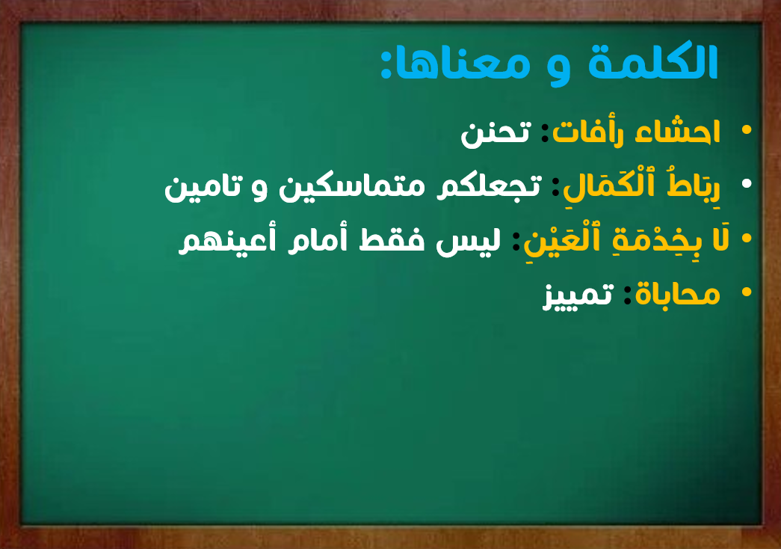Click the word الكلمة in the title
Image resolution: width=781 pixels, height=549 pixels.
[652, 62]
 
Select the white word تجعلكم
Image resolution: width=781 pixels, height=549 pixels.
[489, 186]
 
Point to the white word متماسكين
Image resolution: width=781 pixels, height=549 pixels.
[352, 186]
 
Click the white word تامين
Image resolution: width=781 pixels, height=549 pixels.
[204, 186]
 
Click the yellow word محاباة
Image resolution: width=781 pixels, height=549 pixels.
[677, 294]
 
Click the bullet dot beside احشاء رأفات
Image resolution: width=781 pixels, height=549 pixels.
[746, 129]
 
